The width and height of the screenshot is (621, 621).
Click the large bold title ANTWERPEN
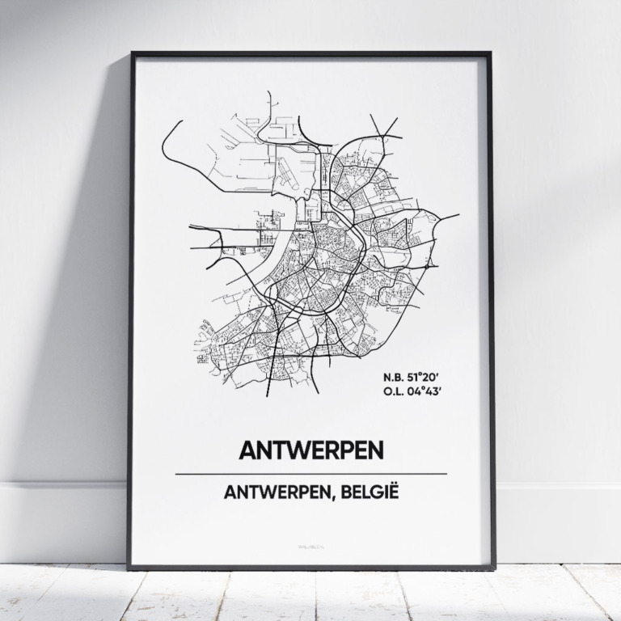pos(310,450)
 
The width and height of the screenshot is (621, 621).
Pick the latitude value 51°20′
pos(427,378)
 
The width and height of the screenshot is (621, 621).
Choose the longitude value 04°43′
pos(427,394)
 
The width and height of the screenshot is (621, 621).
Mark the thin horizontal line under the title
pos(310,473)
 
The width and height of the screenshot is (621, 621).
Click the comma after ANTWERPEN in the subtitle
pos(355,496)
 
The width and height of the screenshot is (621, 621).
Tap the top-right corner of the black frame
pos(489,54)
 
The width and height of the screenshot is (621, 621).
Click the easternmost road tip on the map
pos(458,215)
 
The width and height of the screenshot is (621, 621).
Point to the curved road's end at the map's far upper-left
pos(181,122)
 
